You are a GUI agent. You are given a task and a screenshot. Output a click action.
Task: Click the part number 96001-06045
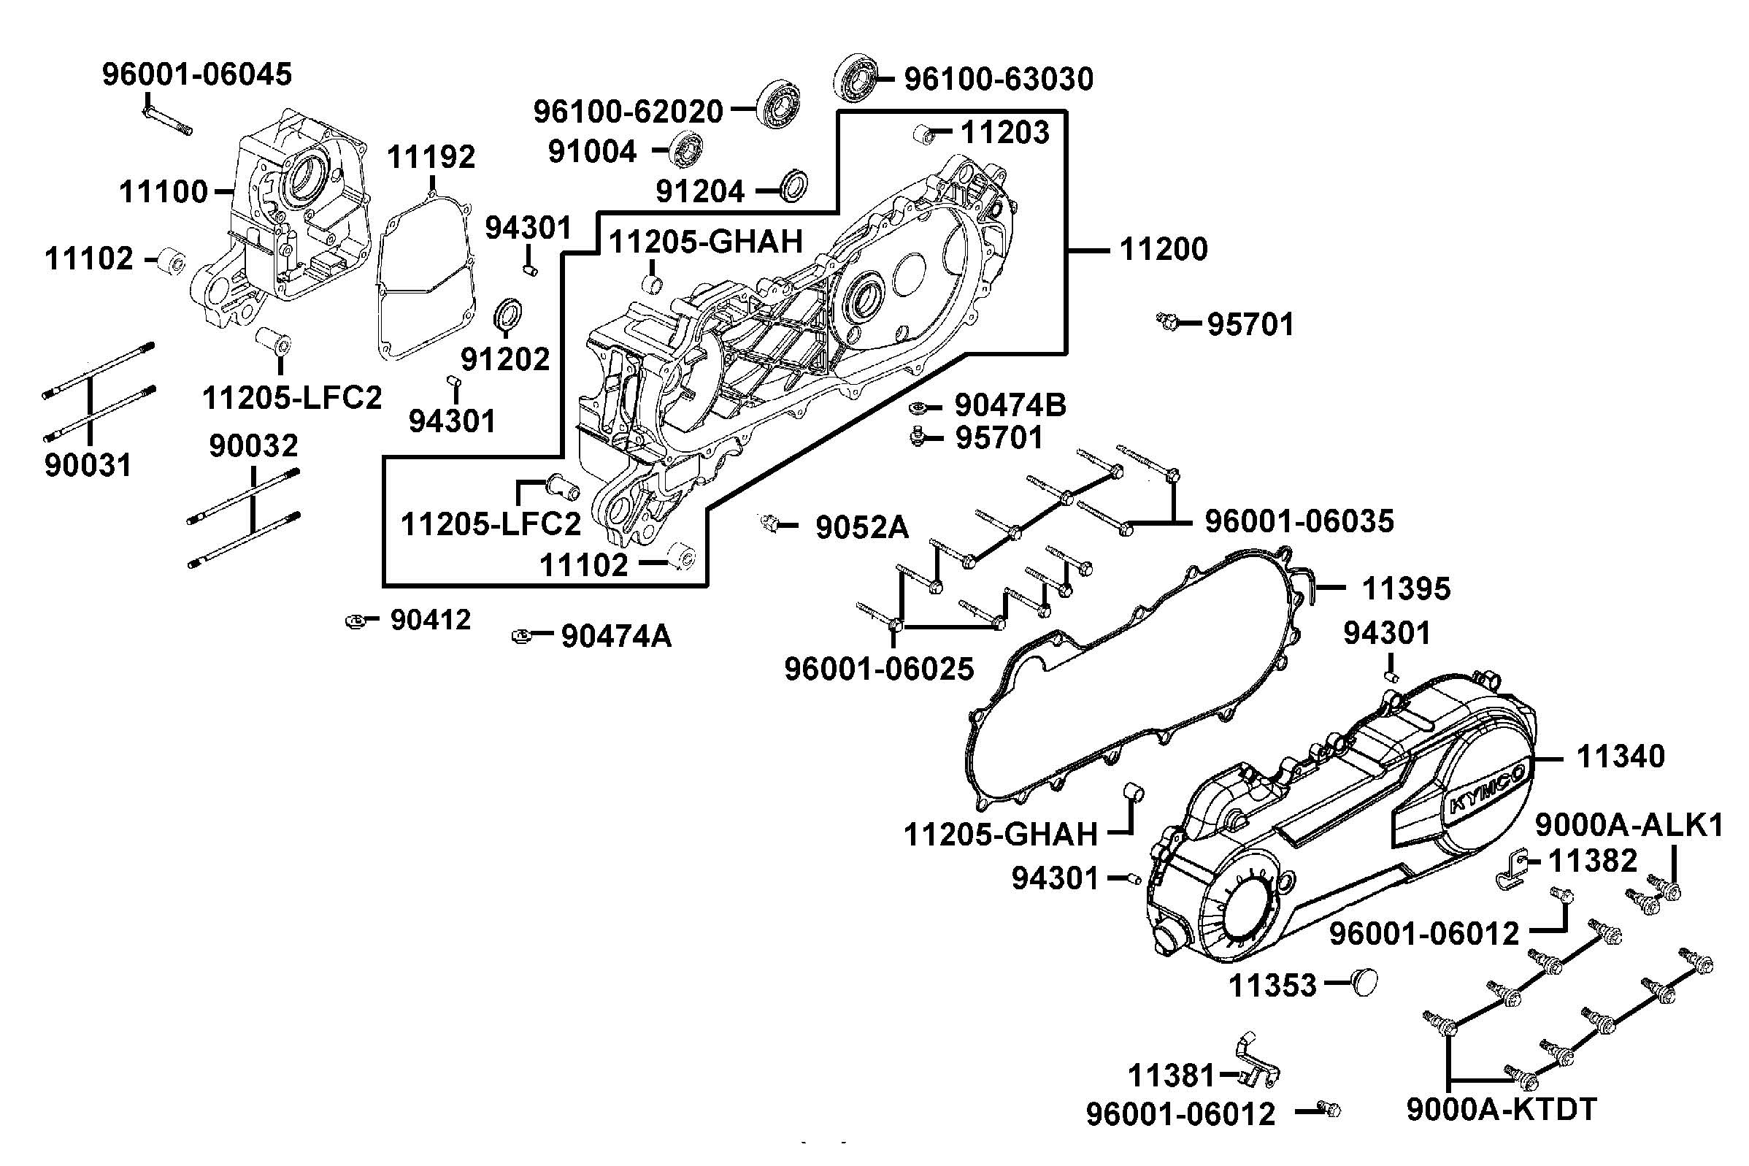coord(197,74)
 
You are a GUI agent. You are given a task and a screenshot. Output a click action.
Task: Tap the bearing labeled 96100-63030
coord(855,77)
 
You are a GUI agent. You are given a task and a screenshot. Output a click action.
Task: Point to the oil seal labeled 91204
coord(794,186)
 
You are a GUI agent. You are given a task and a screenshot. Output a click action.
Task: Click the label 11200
coord(1164,249)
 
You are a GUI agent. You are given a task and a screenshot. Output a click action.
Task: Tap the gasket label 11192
coord(431,157)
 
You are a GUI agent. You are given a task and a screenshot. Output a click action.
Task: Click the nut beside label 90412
coord(356,620)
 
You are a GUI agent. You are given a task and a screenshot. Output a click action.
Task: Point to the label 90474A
coord(616,637)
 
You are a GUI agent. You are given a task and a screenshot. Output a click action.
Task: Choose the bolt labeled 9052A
coord(770,523)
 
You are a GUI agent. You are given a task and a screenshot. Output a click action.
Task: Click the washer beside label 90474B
coord(919,407)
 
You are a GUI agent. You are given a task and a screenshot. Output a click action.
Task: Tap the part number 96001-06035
coord(1299,521)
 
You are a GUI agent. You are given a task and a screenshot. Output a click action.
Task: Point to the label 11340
coord(1621,757)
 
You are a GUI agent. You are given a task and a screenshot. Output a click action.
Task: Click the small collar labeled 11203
coord(924,134)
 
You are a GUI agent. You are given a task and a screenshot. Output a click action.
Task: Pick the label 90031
coord(88,466)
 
